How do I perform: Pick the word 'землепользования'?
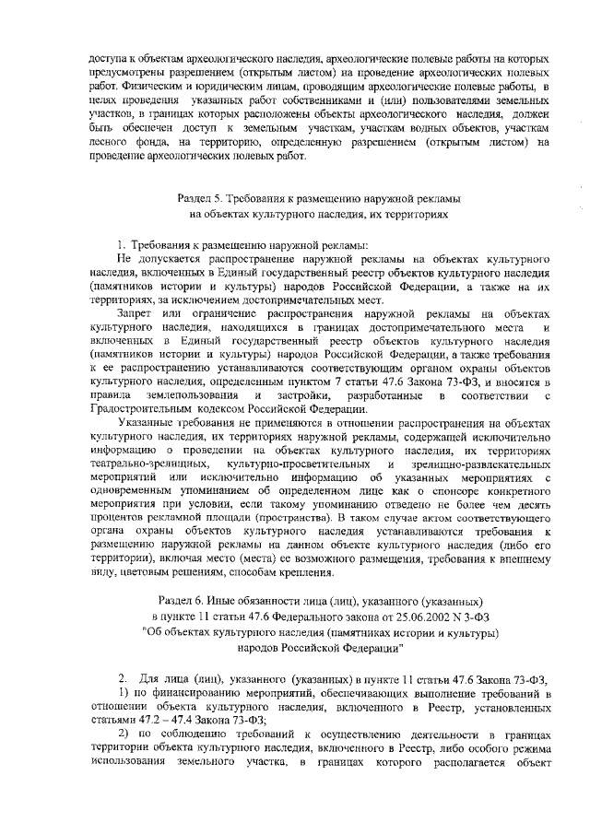192,395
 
